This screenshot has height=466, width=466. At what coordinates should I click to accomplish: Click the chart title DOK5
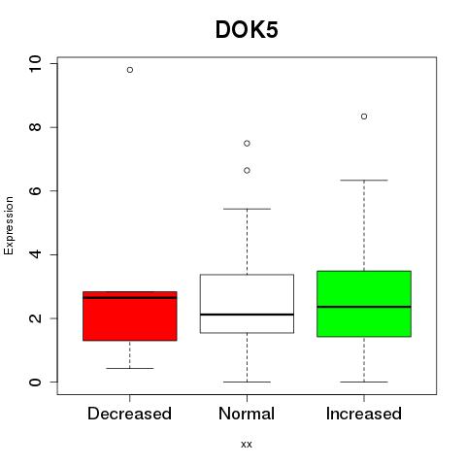[x=247, y=30]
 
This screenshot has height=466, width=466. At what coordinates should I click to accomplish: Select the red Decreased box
[x=130, y=316]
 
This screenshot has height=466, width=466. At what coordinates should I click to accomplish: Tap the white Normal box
[x=247, y=304]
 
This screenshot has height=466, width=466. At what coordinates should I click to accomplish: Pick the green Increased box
[x=364, y=304]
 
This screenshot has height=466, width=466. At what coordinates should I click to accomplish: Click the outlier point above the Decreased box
[x=130, y=70]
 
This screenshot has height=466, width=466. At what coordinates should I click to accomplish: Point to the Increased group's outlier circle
[x=364, y=116]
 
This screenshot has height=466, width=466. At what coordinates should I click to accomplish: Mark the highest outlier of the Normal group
[x=247, y=144]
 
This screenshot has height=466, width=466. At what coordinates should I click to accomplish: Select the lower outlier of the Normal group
[x=247, y=171]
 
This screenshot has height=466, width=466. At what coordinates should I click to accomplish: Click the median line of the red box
[x=130, y=298]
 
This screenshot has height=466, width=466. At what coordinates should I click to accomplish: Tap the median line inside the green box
[x=364, y=307]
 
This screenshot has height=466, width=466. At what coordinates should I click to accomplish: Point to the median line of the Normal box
[x=247, y=315]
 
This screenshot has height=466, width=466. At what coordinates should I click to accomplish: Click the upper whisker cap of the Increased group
[x=364, y=180]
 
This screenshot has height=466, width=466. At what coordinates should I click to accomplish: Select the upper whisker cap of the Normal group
[x=247, y=209]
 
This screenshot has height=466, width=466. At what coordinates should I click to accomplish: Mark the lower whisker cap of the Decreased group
[x=130, y=368]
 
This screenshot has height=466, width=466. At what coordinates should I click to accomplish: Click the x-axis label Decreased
[x=129, y=414]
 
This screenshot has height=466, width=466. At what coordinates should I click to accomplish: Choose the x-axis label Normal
[x=247, y=414]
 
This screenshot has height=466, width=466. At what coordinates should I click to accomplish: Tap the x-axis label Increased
[x=364, y=414]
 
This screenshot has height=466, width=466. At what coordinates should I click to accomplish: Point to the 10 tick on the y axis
[x=35, y=64]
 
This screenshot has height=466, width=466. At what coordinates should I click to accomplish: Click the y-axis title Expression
[x=9, y=225]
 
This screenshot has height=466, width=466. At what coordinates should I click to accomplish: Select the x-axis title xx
[x=247, y=445]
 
